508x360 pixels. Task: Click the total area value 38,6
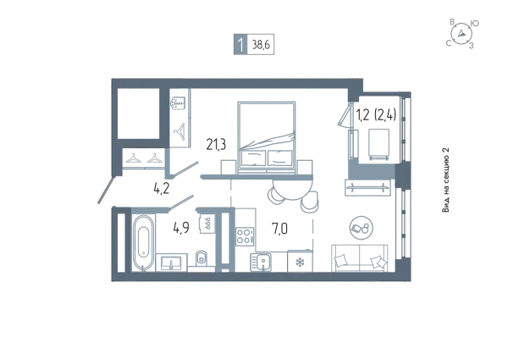click(261, 44)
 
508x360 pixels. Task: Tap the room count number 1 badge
click(240, 44)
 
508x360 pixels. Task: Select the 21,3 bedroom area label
click(216, 145)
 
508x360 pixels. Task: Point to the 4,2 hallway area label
click(162, 188)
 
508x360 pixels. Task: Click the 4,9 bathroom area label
click(181, 228)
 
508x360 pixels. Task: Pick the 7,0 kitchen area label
click(279, 229)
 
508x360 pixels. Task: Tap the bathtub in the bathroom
click(143, 243)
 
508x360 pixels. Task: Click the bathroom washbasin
click(172, 262)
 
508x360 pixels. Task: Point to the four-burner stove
click(245, 235)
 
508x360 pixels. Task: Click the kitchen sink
click(261, 262)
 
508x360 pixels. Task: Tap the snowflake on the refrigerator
click(300, 263)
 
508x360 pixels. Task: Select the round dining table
click(293, 190)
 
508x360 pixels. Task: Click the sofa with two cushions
click(359, 258)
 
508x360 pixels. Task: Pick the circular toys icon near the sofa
click(362, 228)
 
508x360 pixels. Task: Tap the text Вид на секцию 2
click(446, 180)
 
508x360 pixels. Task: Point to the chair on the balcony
click(378, 144)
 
